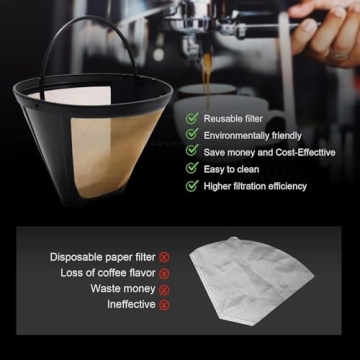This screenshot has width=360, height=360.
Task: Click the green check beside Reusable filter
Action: pyautogui.click(x=191, y=118)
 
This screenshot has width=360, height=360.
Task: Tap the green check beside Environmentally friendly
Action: pyautogui.click(x=191, y=135)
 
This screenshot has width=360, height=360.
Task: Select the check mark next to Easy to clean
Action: pyautogui.click(x=191, y=169)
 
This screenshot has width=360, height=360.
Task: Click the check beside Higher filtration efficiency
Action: pyautogui.click(x=191, y=186)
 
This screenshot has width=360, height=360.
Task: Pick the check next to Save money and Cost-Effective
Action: pyautogui.click(x=191, y=152)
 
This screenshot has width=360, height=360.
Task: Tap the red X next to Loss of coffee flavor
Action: pyautogui.click(x=164, y=273)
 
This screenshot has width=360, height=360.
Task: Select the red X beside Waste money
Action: pyautogui.click(x=164, y=289)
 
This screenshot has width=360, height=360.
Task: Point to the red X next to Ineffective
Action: pyautogui.click(x=164, y=305)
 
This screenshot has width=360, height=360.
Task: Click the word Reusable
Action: pyautogui.click(x=224, y=118)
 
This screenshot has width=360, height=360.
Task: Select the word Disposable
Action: pyautogui.click(x=78, y=257)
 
